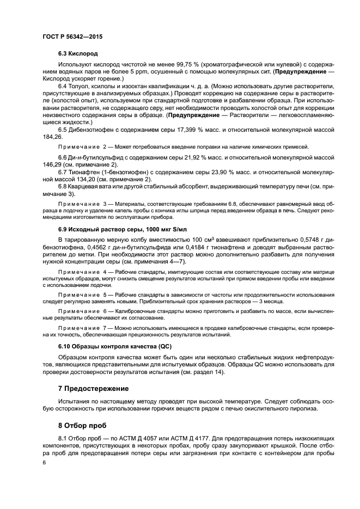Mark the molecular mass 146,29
(x=51, y=164)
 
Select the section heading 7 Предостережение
(x=93, y=389)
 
